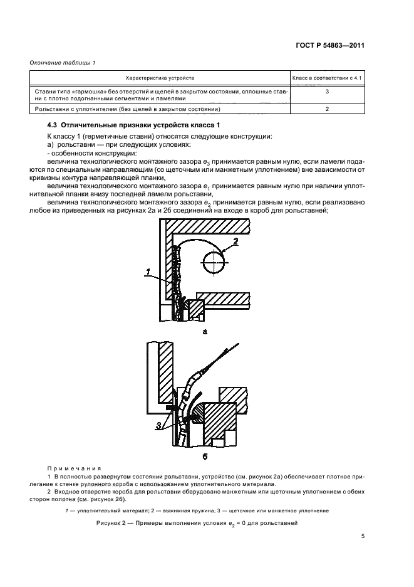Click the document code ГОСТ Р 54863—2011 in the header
click(333, 45)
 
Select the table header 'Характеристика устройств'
click(160, 78)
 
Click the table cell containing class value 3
click(328, 92)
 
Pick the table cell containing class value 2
click(328, 108)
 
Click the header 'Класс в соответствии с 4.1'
click(328, 78)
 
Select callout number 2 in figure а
click(235, 240)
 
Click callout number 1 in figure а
click(148, 272)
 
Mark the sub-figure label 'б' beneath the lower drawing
click(204, 456)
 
